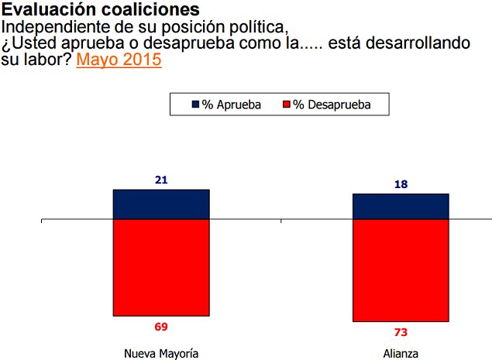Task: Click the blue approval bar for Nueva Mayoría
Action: tap(161, 204)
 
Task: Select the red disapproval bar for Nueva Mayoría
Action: tap(161, 268)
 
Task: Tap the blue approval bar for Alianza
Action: tap(401, 207)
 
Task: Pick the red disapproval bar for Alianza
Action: tap(401, 271)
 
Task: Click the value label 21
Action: tap(161, 180)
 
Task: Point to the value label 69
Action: tap(161, 327)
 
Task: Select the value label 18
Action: tap(401, 184)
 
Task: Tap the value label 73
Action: tap(401, 332)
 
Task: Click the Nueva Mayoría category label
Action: tap(161, 354)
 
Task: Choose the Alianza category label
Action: tap(401, 354)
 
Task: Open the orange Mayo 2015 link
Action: tap(119, 60)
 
